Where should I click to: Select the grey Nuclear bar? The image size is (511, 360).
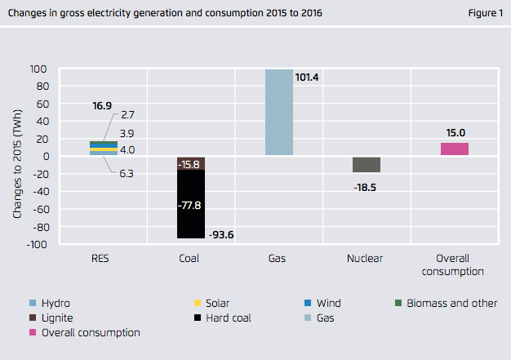(367, 164)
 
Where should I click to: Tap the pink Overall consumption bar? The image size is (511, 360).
(455, 149)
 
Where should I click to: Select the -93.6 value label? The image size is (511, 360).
(222, 235)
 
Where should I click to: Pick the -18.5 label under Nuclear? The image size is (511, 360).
(367, 187)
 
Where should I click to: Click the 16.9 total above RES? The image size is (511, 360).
(102, 105)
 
